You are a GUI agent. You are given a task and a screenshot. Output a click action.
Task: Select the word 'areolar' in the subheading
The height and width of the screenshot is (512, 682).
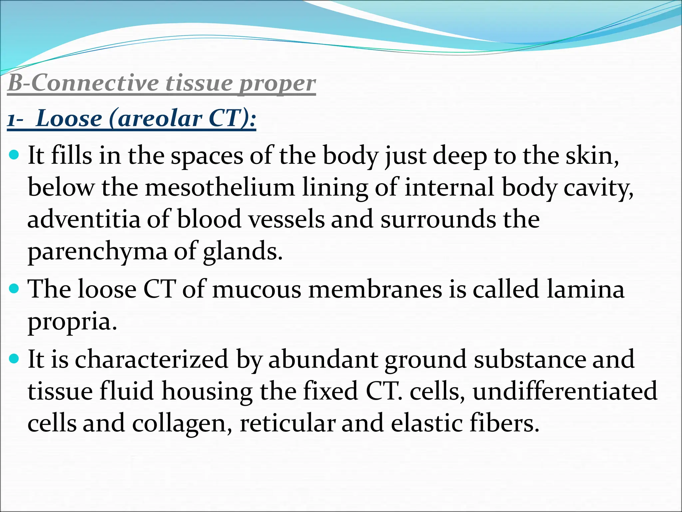click(x=160, y=119)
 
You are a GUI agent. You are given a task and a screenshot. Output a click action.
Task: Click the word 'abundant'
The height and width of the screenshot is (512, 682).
click(x=323, y=359)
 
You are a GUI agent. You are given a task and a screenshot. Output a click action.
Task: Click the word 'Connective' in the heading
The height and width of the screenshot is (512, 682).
click(x=95, y=83)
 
